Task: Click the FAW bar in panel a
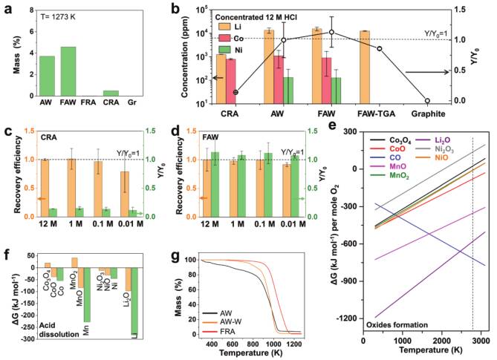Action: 68,71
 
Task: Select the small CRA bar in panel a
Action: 111,93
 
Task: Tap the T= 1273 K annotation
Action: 59,17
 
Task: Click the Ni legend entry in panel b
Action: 231,50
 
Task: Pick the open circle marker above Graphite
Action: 427,101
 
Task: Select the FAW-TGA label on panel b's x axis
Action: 376,114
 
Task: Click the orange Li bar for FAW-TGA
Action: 365,67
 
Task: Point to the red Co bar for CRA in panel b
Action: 231,81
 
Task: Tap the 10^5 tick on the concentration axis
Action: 202,10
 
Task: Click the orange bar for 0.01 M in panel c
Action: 126,194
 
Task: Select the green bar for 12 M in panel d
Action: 215,184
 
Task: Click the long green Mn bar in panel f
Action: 87,295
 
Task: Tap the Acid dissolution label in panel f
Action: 59,330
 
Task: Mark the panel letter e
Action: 333,125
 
